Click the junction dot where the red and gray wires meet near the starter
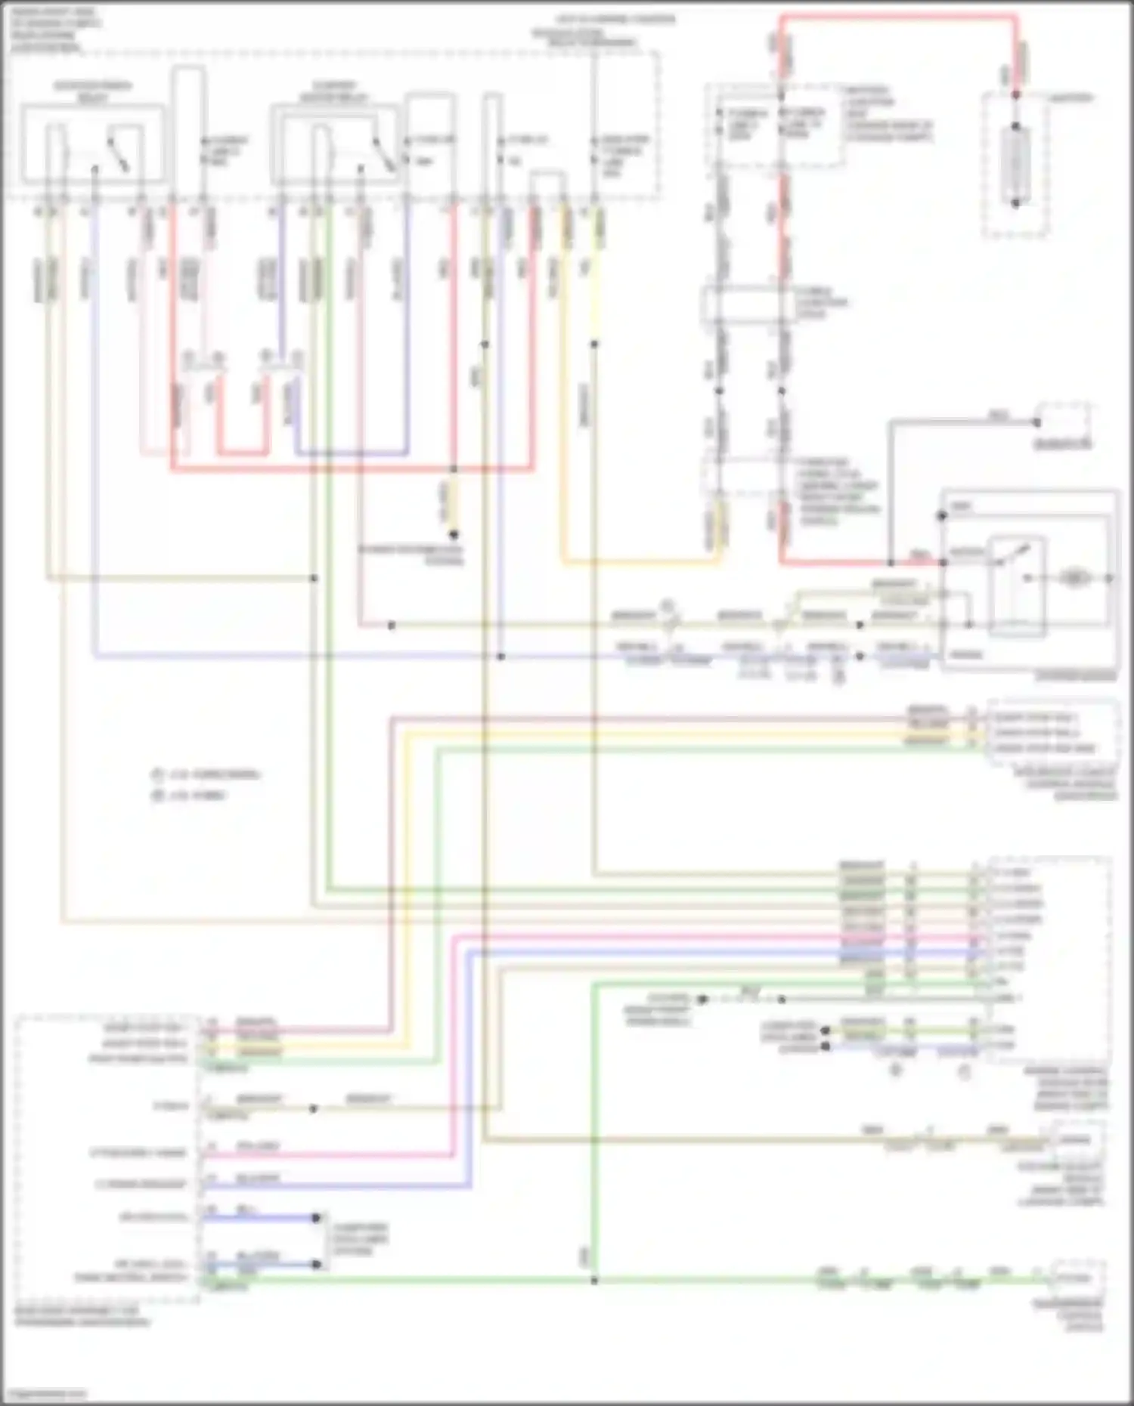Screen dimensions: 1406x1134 click(891, 563)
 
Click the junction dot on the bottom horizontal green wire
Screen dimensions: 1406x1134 click(594, 1281)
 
